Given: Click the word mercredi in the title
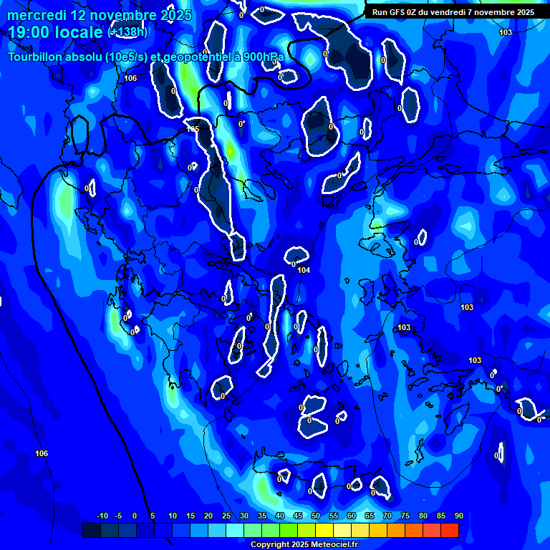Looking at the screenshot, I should click(x=35, y=15).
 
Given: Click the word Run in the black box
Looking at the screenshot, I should click(x=380, y=12).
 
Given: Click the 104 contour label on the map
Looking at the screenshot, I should click(x=304, y=270).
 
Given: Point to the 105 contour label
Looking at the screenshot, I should click(x=192, y=130).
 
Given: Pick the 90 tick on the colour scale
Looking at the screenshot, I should click(x=458, y=516).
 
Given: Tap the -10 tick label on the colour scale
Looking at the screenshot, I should click(x=102, y=516).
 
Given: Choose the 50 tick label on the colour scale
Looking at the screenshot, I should click(x=315, y=516).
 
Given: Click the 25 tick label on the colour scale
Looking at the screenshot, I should click(x=226, y=516).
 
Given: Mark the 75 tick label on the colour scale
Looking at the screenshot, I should click(x=405, y=516).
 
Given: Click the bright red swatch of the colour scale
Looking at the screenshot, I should click(x=449, y=530).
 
